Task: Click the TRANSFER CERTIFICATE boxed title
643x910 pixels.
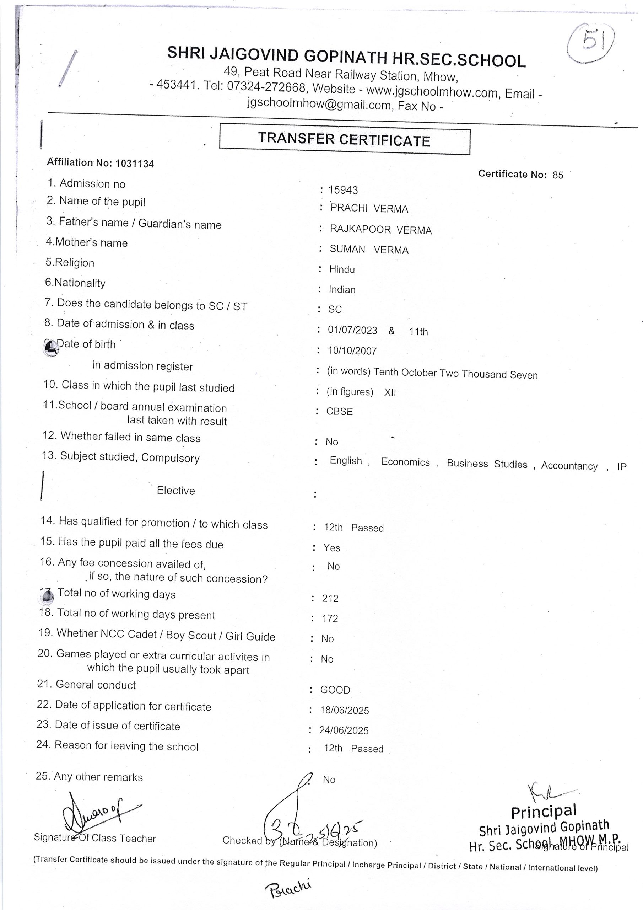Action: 344,139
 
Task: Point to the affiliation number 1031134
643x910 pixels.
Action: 134,164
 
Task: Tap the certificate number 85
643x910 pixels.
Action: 557,175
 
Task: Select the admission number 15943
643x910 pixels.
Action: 343,190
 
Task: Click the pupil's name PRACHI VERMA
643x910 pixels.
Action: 369,209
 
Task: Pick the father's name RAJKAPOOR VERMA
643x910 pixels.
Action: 380,230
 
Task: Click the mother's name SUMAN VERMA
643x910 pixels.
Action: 369,250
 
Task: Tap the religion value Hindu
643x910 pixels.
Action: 342,269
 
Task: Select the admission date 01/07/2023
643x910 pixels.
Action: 352,331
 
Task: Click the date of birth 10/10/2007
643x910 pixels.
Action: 352,351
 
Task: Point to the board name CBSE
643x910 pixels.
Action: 340,411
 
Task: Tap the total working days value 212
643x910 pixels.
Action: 330,599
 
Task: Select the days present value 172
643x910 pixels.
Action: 330,619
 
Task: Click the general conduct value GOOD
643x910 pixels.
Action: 335,690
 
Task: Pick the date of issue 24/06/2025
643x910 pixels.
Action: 344,730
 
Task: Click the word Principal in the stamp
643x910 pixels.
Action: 543,812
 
